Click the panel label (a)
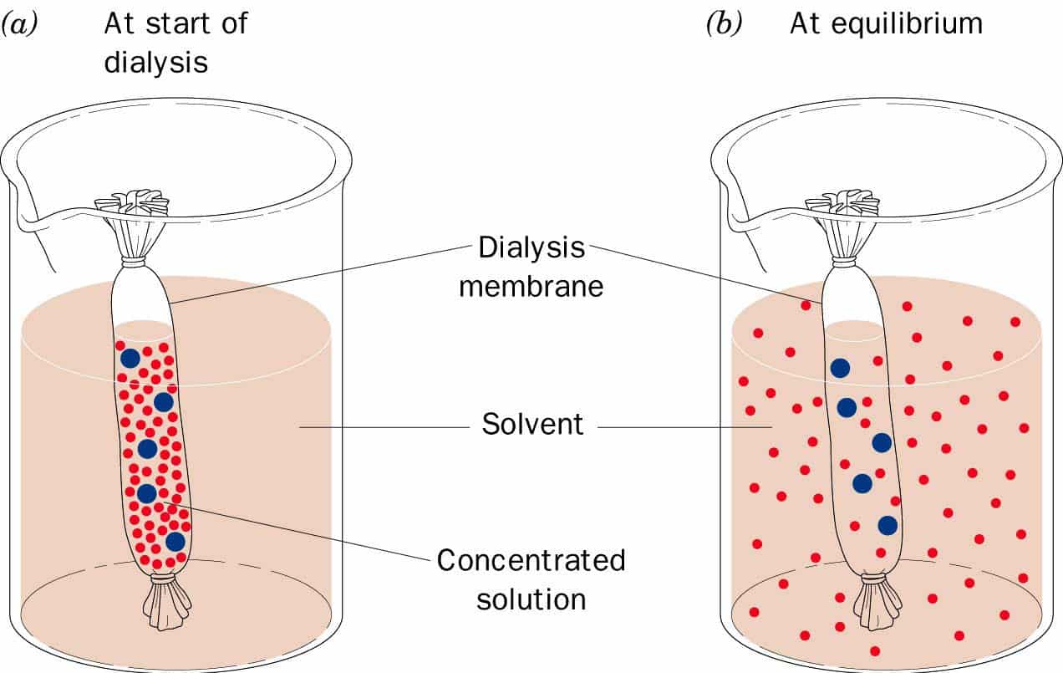click(18, 25)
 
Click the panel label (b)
click(724, 25)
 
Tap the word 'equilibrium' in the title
click(914, 24)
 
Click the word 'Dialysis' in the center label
click(531, 248)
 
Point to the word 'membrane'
click(531, 286)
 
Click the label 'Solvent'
click(532, 424)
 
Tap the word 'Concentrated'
click(531, 559)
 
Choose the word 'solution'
click(531, 599)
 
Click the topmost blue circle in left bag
click(130, 358)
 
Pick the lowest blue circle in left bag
click(175, 541)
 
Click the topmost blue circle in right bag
click(840, 368)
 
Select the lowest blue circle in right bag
click(888, 525)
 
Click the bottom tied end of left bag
click(165, 602)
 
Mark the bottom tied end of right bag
click(876, 602)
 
